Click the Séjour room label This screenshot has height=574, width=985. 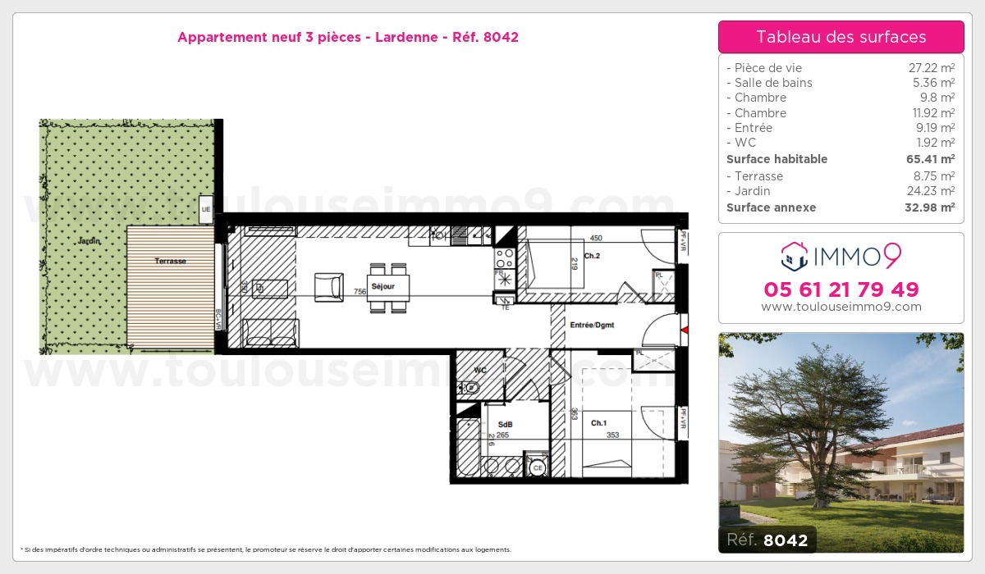[x=383, y=287]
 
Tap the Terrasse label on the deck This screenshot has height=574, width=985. [x=170, y=261]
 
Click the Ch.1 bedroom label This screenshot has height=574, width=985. [x=598, y=423]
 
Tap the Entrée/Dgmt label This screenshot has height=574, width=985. [x=592, y=326]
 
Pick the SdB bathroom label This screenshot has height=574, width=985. [x=505, y=424]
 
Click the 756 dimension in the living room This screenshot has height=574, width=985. [x=360, y=291]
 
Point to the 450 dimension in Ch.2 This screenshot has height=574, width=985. [x=596, y=239]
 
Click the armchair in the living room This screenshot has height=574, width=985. [x=328, y=287]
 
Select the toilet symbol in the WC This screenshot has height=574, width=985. [x=470, y=387]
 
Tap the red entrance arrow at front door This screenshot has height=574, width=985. [x=683, y=330]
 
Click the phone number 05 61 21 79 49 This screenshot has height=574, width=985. [x=841, y=289]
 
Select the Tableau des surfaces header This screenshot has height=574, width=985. [x=841, y=37]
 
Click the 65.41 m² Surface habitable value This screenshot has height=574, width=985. [x=934, y=159]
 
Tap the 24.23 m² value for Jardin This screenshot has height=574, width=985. [x=934, y=191]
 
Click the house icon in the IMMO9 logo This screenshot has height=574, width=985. [x=793, y=257]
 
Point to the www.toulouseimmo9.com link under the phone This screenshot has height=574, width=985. [x=841, y=307]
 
